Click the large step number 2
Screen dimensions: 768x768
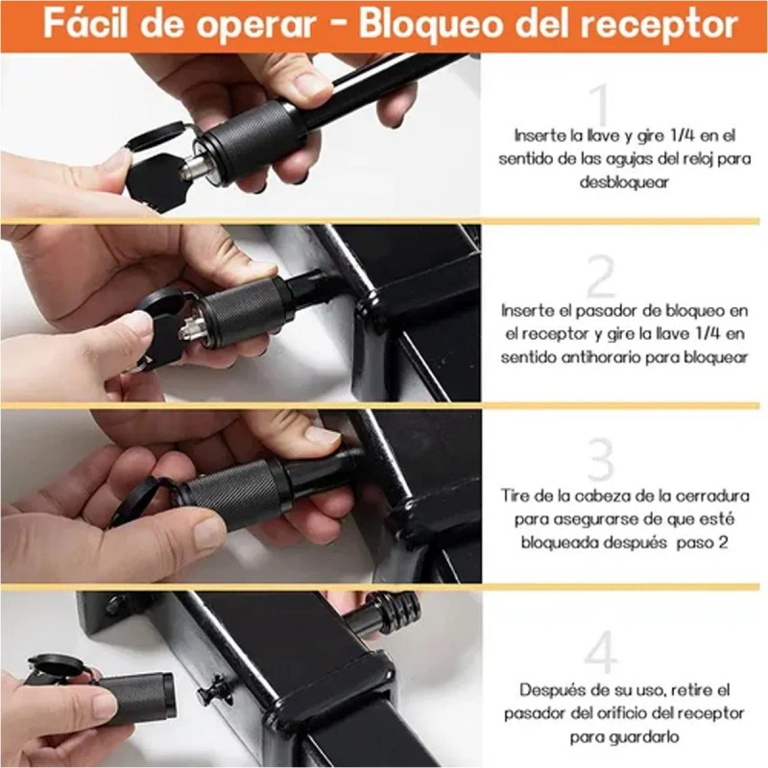600,278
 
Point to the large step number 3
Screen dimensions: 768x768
600,461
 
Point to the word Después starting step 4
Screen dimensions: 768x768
552,690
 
